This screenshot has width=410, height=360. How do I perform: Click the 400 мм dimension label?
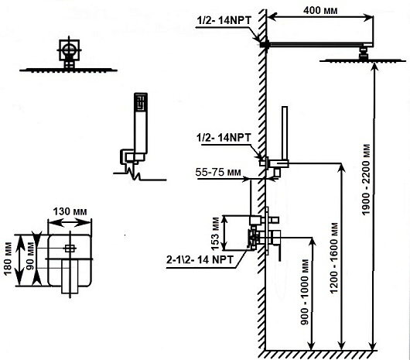[320, 11]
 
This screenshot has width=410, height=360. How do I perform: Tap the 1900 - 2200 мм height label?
[367, 180]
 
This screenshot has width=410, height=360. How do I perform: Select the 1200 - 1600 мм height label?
[334, 258]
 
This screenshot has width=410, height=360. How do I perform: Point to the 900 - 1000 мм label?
[305, 292]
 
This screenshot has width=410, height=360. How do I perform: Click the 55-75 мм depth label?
[218, 172]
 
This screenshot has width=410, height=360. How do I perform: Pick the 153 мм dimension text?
[216, 234]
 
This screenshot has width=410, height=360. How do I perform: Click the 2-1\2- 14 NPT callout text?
[200, 259]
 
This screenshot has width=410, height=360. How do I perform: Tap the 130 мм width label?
[70, 211]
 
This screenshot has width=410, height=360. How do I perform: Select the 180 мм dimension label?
[8, 259]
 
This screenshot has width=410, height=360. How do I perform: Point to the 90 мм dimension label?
[31, 256]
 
